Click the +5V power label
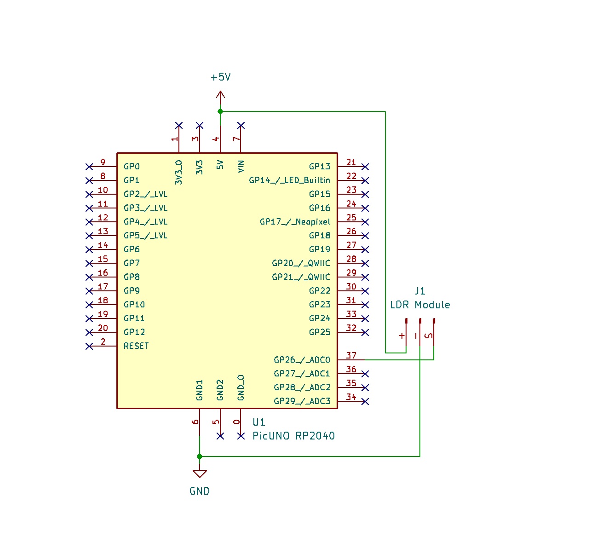click(x=221, y=77)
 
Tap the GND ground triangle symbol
click(x=200, y=474)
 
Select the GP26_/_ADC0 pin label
click(x=302, y=360)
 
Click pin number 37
click(x=351, y=355)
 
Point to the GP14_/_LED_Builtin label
click(x=289, y=180)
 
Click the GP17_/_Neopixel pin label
click(x=295, y=222)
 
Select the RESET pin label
click(x=136, y=346)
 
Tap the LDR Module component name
click(x=420, y=305)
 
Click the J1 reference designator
click(x=420, y=291)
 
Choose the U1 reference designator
click(x=259, y=422)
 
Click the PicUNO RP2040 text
click(x=293, y=436)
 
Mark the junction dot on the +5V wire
click(x=220, y=111)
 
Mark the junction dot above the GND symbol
click(x=200, y=457)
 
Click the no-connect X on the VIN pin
click(x=241, y=126)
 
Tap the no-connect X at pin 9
click(x=89, y=167)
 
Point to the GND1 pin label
click(x=200, y=390)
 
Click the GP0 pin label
click(x=132, y=167)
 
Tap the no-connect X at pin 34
click(x=365, y=401)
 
